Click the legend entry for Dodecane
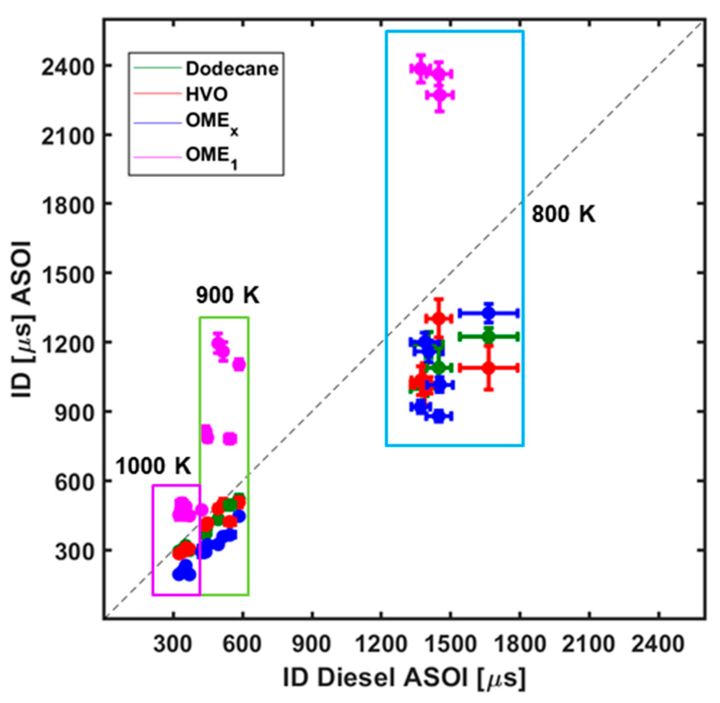point(232,69)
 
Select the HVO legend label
point(206,95)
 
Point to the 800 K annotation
point(563,214)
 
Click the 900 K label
point(228,296)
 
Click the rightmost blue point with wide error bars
point(489,313)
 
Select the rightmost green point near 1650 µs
point(489,336)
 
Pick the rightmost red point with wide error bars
point(489,368)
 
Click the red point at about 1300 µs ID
point(439,318)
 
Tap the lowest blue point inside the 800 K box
point(439,416)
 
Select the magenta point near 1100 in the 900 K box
point(239,365)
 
